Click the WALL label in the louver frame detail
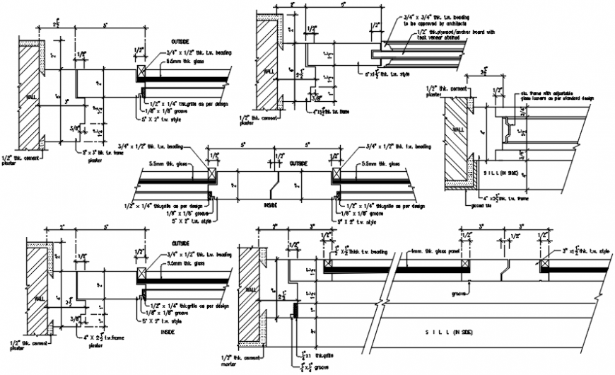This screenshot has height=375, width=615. pos(459,130)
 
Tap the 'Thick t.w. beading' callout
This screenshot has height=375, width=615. pos(364,251)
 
